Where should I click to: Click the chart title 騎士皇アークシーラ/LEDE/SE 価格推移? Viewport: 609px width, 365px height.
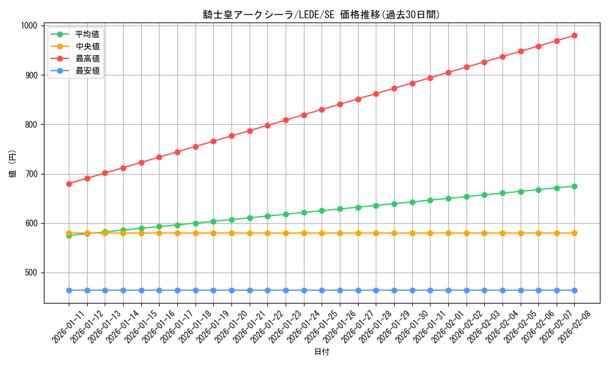(322, 15)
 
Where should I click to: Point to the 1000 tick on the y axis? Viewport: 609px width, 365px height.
(29, 26)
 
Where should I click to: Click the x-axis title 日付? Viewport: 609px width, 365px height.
(322, 352)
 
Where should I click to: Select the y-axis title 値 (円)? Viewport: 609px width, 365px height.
(13, 164)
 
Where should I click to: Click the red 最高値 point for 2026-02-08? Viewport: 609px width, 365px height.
(574, 35)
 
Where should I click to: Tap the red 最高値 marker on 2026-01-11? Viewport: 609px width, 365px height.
(69, 184)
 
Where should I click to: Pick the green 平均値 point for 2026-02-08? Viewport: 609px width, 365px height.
(574, 186)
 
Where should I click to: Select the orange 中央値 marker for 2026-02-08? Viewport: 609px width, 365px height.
(574, 233)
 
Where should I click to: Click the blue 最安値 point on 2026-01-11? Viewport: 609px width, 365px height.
(69, 290)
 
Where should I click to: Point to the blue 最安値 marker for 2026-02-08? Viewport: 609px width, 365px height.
(574, 290)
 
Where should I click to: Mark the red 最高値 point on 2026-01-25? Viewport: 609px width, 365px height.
(322, 109)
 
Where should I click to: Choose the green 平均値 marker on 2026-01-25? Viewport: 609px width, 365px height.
(322, 210)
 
